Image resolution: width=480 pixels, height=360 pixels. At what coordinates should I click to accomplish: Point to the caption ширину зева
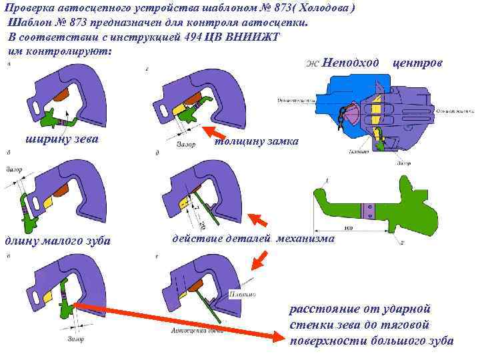[x=61, y=139]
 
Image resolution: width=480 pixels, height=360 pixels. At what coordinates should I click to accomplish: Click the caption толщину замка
[x=256, y=142]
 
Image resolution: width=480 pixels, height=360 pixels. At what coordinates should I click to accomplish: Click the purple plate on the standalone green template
[x=367, y=211]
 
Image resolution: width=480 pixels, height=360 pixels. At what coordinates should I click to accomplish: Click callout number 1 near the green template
[x=327, y=181]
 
